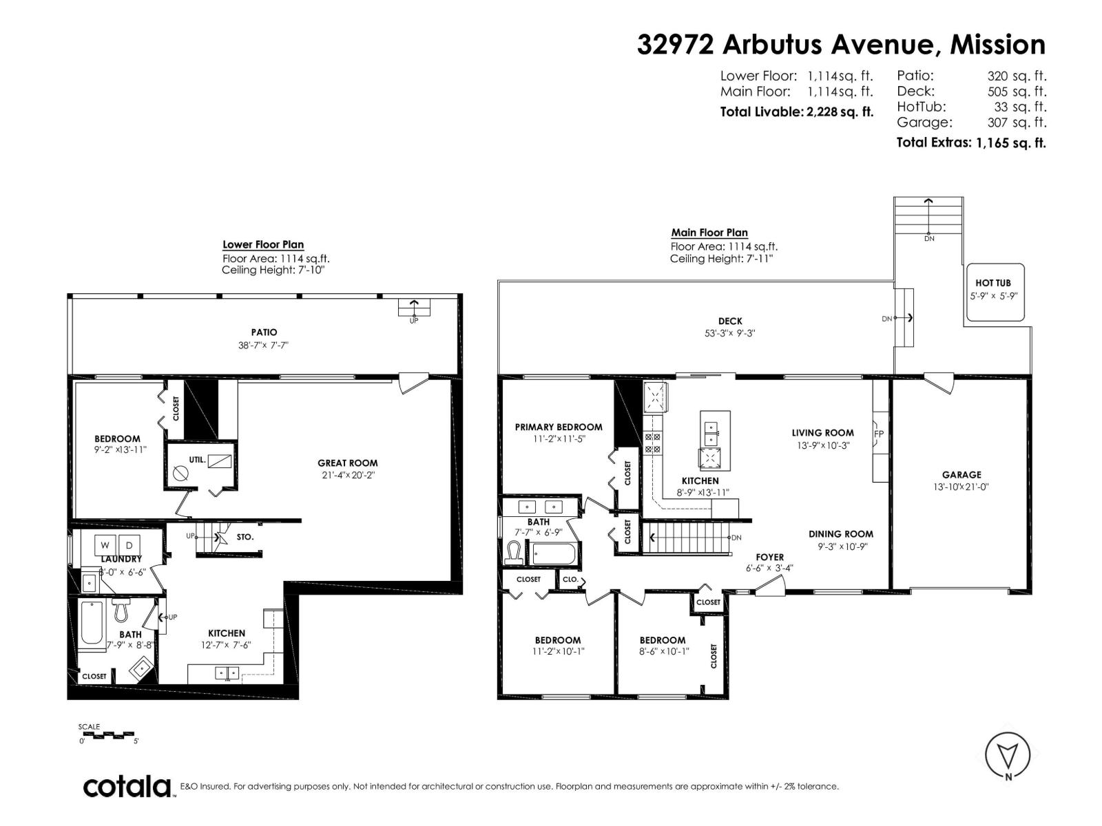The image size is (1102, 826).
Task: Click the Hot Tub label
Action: [x=992, y=283]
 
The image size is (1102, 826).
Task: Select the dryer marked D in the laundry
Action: [x=132, y=543]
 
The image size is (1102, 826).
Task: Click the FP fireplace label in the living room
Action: [x=879, y=434]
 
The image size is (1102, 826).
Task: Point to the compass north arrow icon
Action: [x=1008, y=756]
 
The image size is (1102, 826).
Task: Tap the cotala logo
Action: [x=127, y=786]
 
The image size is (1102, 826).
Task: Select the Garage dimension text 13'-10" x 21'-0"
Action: [x=961, y=487]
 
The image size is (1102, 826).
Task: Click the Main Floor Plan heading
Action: [x=709, y=233]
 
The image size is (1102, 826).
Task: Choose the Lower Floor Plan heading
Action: [x=262, y=244]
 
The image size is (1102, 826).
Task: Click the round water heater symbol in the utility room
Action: [x=180, y=473]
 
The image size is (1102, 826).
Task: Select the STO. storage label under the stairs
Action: [x=245, y=537]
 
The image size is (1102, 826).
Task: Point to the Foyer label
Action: [x=769, y=557]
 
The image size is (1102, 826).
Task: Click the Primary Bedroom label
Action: [x=559, y=427]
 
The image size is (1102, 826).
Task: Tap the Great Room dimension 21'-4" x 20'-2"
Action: [x=349, y=475]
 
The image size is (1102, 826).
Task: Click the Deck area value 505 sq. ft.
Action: [x=1017, y=92]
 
